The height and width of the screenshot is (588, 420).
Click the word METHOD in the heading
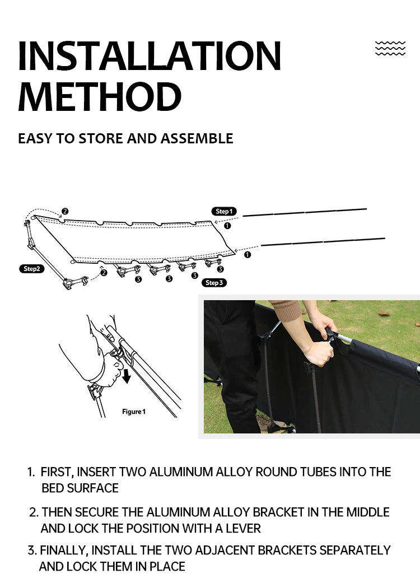point(100,97)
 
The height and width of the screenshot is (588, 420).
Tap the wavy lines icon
point(390,48)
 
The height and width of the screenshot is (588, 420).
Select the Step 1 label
point(223,211)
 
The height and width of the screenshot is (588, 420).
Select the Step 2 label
point(31,269)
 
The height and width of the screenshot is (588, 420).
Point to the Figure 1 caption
point(134,412)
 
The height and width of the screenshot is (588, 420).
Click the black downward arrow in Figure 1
point(127,376)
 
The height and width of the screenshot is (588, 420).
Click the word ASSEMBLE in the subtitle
point(197,138)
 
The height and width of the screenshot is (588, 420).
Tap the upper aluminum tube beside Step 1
point(305,212)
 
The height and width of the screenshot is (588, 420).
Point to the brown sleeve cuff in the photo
point(286,310)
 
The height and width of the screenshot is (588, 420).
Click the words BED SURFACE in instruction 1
point(80,488)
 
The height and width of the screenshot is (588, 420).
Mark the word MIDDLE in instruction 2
point(367,512)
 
